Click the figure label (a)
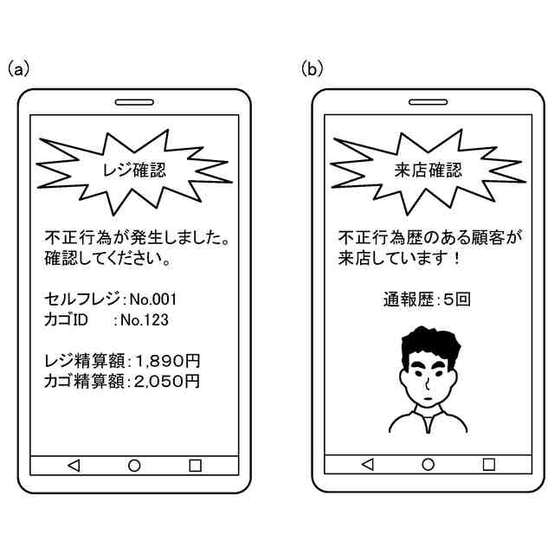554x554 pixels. tap(18, 68)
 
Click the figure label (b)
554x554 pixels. tap(312, 68)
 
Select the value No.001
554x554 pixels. tap(153, 300)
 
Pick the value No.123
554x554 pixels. tap(144, 320)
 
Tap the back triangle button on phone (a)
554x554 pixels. tap(74, 466)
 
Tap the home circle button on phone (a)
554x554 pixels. tap(134, 466)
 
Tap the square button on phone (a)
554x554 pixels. tap(195, 466)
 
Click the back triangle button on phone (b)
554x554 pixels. tap(367, 466)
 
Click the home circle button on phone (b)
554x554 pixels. tap(428, 466)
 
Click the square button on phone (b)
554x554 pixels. tap(488, 466)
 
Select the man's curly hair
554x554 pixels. tap(427, 345)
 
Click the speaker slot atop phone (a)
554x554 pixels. tap(134, 101)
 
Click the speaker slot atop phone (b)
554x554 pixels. tap(428, 101)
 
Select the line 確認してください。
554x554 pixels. tap(107, 258)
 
